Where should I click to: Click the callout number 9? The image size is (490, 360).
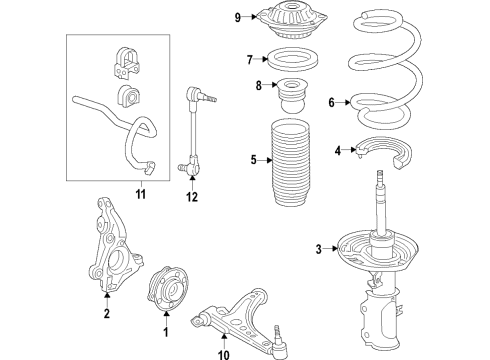coord(238,17)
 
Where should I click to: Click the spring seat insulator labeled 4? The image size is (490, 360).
coord(382,151)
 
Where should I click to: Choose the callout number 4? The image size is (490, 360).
coord(339,151)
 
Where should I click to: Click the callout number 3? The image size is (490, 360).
coord(318,249)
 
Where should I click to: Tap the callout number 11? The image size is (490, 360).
coord(140,194)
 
